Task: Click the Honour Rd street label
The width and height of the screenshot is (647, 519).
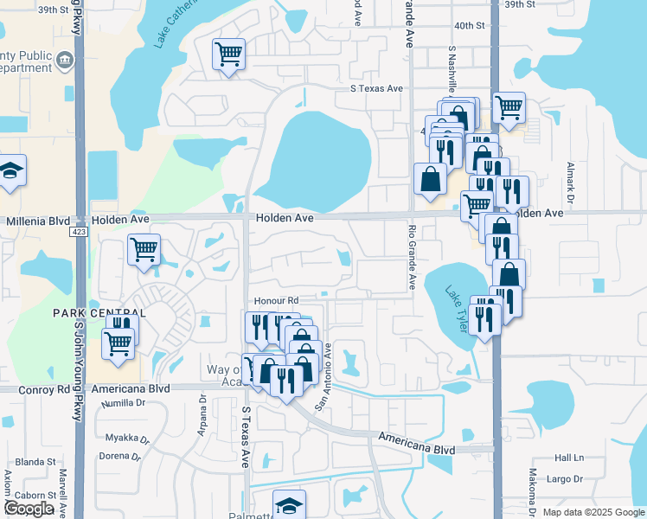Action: pyautogui.click(x=275, y=300)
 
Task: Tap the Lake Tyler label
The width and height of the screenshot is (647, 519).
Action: pyautogui.click(x=460, y=313)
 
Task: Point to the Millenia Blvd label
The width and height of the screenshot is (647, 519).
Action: pyautogui.click(x=36, y=221)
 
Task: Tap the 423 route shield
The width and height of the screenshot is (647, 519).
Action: pyautogui.click(x=79, y=232)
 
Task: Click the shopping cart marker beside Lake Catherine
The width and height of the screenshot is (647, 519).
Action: pyautogui.click(x=229, y=54)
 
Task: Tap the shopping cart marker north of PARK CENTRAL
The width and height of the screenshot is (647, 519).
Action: pyautogui.click(x=144, y=250)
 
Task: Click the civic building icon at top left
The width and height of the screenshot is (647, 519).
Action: pyautogui.click(x=64, y=61)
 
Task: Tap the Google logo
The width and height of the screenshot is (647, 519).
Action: pyautogui.click(x=29, y=509)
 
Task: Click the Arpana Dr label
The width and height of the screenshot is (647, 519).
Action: pyautogui.click(x=203, y=415)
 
